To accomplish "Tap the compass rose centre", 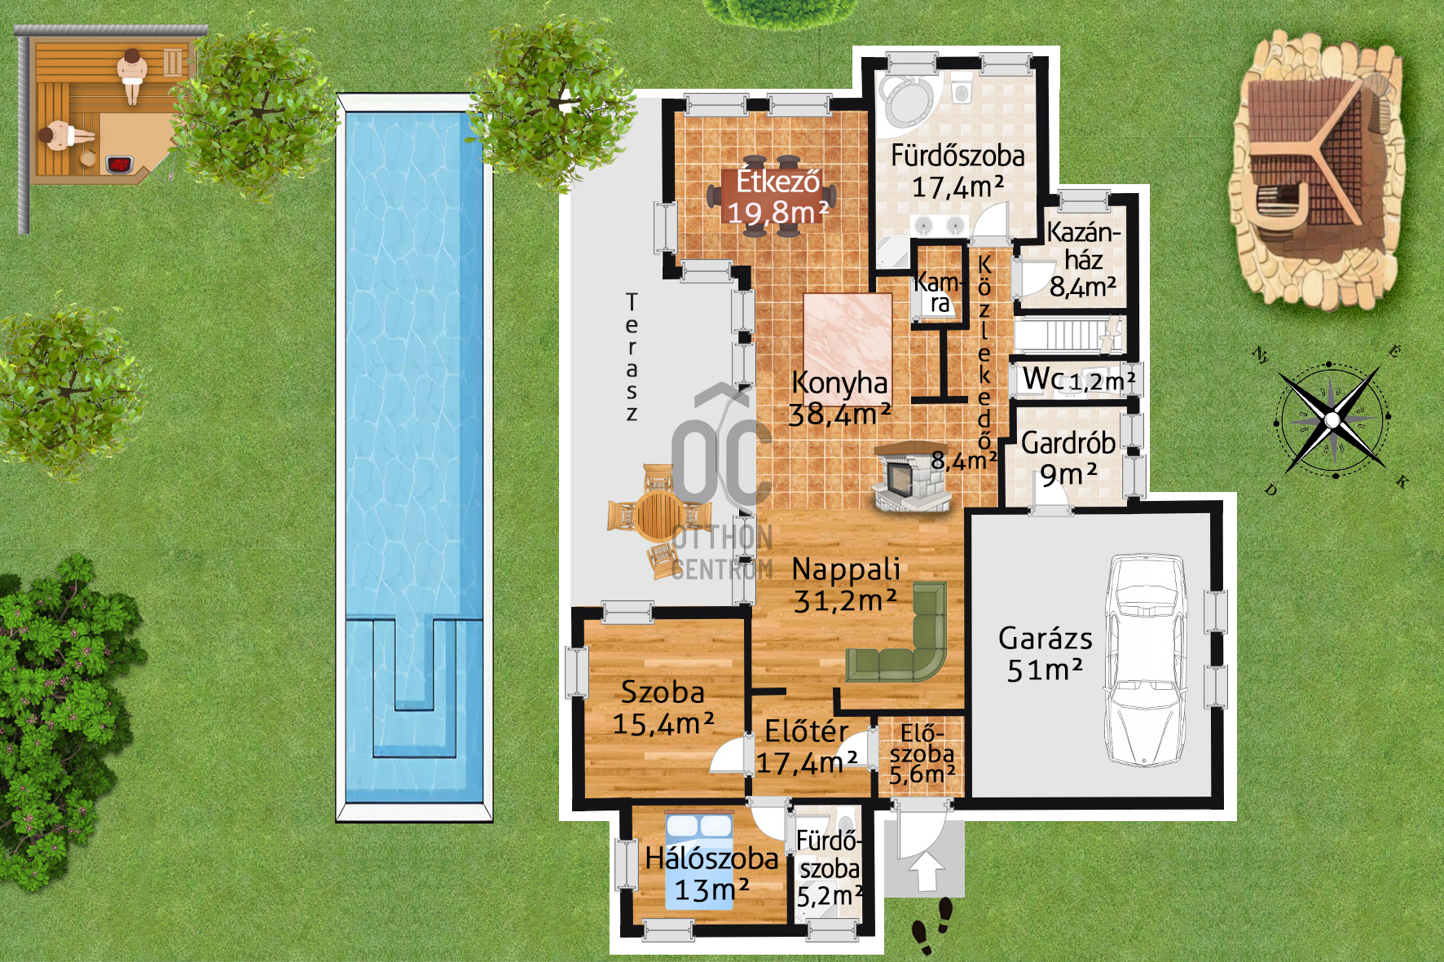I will pyautogui.click(x=1332, y=420).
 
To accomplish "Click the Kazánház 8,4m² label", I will pyautogui.click(x=1082, y=259).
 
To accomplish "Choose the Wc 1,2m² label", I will pyautogui.click(x=1077, y=380).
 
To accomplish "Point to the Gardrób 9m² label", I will pyautogui.click(x=1068, y=458).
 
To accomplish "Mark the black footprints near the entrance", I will pyautogui.click(x=934, y=925).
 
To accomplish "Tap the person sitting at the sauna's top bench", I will pyautogui.click(x=131, y=72).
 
